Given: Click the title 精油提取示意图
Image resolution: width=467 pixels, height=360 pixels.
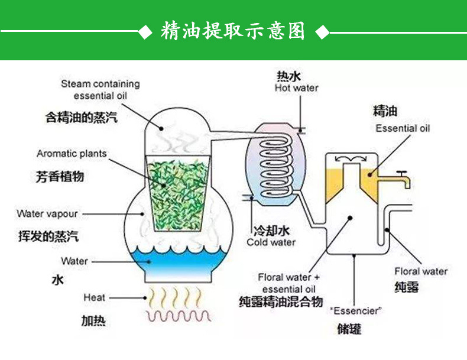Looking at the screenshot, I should [233, 31].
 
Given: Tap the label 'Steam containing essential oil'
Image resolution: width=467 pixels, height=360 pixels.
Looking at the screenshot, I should [100, 89].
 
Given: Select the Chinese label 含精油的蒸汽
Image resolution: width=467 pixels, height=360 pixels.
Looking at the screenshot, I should [81, 117].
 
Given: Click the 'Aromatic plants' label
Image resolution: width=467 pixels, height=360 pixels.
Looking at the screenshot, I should [72, 154].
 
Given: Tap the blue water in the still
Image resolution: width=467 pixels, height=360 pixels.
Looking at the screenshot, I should [177, 258].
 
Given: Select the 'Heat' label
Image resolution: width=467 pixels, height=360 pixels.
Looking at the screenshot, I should [94, 297].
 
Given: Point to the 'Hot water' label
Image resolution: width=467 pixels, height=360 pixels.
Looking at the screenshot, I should [296, 88].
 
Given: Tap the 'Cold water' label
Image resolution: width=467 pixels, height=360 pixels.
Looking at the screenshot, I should [271, 242].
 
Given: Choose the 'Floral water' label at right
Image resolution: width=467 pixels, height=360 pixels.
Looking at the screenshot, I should [421, 271].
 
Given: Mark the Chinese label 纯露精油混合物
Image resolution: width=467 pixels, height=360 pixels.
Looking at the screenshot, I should [281, 302].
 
